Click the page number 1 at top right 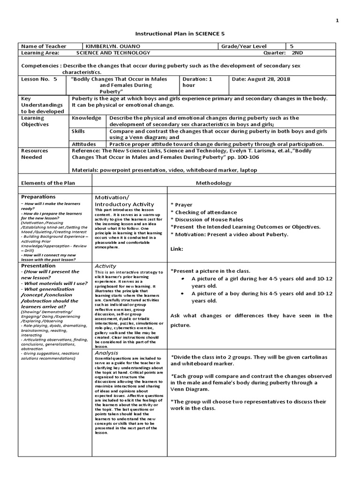pyautogui.click(x=337, y=21)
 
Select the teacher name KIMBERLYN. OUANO pyautogui.click(x=107, y=46)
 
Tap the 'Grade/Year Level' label pyautogui.click(x=244, y=46)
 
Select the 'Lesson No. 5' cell pyautogui.click(x=39, y=79)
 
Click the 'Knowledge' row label pyautogui.click(x=86, y=118)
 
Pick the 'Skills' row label pyautogui.click(x=78, y=132)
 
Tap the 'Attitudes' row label pyautogui.click(x=84, y=144)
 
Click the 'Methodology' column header pyautogui.click(x=213, y=183)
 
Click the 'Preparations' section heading pyautogui.click(x=38, y=197)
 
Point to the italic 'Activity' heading pyautogui.click(x=105, y=266)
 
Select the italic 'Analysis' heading pyautogui.click(x=106, y=352)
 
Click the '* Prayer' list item pyautogui.click(x=181, y=205)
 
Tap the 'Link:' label pyautogui.click(x=177, y=249)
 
